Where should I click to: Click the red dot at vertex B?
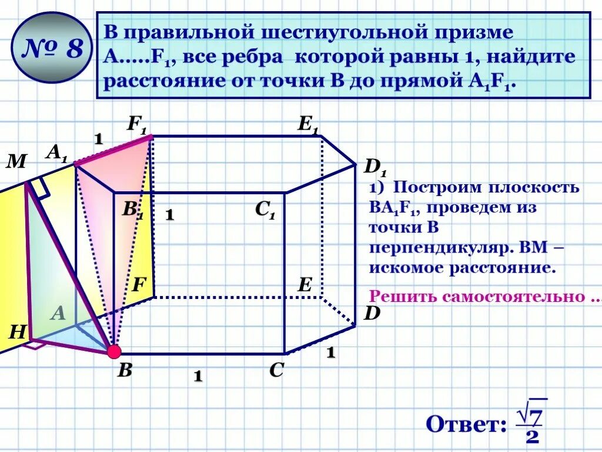pyautogui.click(x=113, y=352)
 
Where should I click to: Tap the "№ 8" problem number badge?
pyautogui.click(x=52, y=49)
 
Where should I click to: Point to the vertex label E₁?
pyautogui.click(x=308, y=125)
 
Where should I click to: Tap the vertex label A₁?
pyautogui.click(x=57, y=154)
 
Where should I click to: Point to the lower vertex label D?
pyautogui.click(x=372, y=313)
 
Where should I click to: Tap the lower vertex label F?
pyautogui.click(x=139, y=285)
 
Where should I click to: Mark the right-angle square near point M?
pyautogui.click(x=39, y=187)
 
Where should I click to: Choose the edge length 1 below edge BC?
pyautogui.click(x=198, y=376)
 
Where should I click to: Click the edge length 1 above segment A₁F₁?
pyautogui.click(x=99, y=139)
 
